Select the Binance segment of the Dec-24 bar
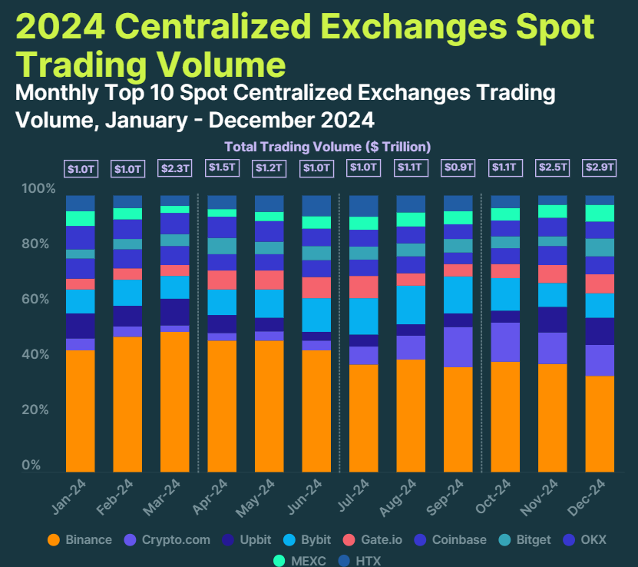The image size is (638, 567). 600,423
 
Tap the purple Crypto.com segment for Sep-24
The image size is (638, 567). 458,346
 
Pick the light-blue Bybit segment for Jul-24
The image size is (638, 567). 363,316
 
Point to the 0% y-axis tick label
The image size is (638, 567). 31,466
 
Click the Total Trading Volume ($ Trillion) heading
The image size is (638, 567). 327,146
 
